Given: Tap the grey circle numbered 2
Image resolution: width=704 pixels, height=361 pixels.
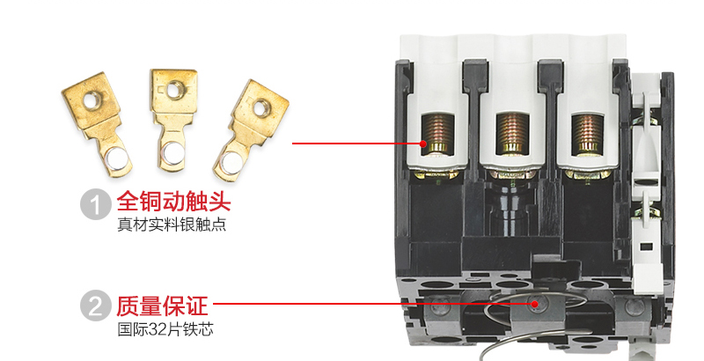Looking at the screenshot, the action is [x=96, y=306].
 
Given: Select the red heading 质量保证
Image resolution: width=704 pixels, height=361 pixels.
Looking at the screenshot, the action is [x=163, y=306].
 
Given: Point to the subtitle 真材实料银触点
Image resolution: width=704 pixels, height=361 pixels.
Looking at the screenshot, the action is [x=172, y=225].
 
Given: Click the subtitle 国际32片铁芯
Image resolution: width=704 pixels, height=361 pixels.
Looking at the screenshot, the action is [x=165, y=329].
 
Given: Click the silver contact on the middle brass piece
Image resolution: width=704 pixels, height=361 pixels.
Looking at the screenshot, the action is [x=172, y=152].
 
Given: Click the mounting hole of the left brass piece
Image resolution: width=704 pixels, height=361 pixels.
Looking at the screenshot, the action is [x=91, y=101].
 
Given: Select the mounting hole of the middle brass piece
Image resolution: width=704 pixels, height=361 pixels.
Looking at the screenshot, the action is [x=173, y=89].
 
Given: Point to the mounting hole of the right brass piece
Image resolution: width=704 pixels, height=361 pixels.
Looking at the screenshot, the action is [x=260, y=107].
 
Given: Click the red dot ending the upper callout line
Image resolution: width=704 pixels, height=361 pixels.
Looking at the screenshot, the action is [x=423, y=144].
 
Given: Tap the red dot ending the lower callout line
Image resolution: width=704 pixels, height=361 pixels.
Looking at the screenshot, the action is [x=534, y=304].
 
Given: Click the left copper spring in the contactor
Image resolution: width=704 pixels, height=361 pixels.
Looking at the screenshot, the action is [x=437, y=133].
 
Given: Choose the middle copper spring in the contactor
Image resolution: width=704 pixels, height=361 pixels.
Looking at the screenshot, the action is [x=512, y=133].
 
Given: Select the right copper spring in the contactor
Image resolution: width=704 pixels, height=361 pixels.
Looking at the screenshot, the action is [x=588, y=133].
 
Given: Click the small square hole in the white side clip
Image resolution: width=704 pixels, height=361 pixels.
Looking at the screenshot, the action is [x=646, y=247].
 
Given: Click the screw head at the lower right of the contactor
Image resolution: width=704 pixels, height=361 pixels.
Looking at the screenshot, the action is [x=634, y=306].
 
